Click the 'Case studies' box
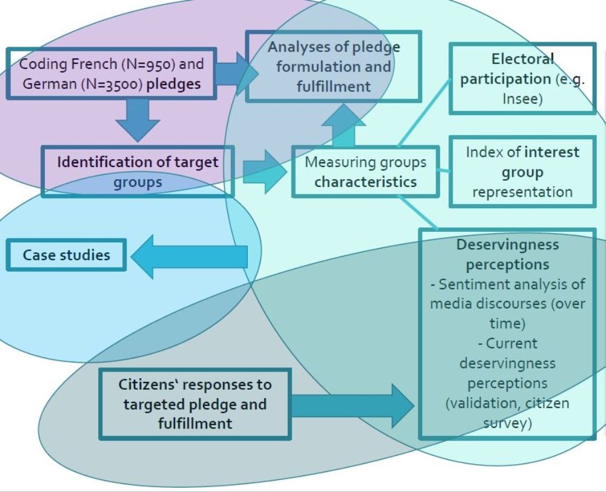pos(67,255)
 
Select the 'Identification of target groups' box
pos(138,171)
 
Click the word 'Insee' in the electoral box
pos(522,98)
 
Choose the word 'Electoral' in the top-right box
pos(522,59)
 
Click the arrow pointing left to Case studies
pos(188,257)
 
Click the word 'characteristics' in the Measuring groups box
pos(365,182)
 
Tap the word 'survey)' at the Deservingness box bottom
pos(507,423)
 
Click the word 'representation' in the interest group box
pos(522,192)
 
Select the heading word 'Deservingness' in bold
pos(507,244)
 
